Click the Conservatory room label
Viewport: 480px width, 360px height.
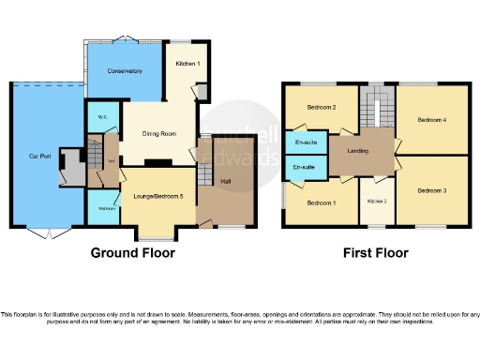(x=124, y=71)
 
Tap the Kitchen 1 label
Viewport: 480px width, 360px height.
(x=187, y=63)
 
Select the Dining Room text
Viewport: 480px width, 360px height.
(x=158, y=134)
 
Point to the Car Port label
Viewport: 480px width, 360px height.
(x=39, y=157)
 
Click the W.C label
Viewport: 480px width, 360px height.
(x=101, y=118)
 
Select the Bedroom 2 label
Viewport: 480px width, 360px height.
(x=322, y=107)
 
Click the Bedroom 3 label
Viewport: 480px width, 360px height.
(x=432, y=190)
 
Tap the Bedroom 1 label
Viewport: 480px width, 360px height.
(x=322, y=202)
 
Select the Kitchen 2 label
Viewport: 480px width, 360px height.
(x=376, y=202)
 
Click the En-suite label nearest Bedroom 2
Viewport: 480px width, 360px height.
(x=305, y=142)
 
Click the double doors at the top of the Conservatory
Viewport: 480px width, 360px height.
(x=124, y=39)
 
